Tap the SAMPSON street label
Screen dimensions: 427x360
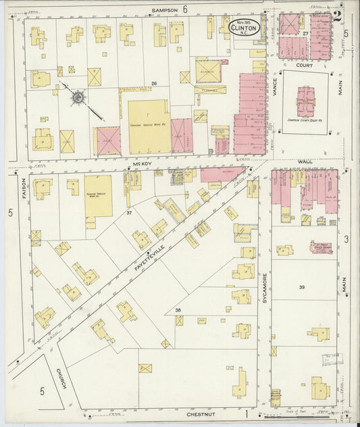coord(164,10)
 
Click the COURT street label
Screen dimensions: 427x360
coord(303,66)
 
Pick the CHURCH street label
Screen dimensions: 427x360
coord(60,382)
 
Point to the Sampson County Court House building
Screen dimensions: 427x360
coord(306,101)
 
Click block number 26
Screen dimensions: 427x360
coord(154,84)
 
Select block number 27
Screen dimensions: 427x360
coord(305,33)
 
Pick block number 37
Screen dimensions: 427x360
coord(128,212)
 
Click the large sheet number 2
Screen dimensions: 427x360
coord(336,17)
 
